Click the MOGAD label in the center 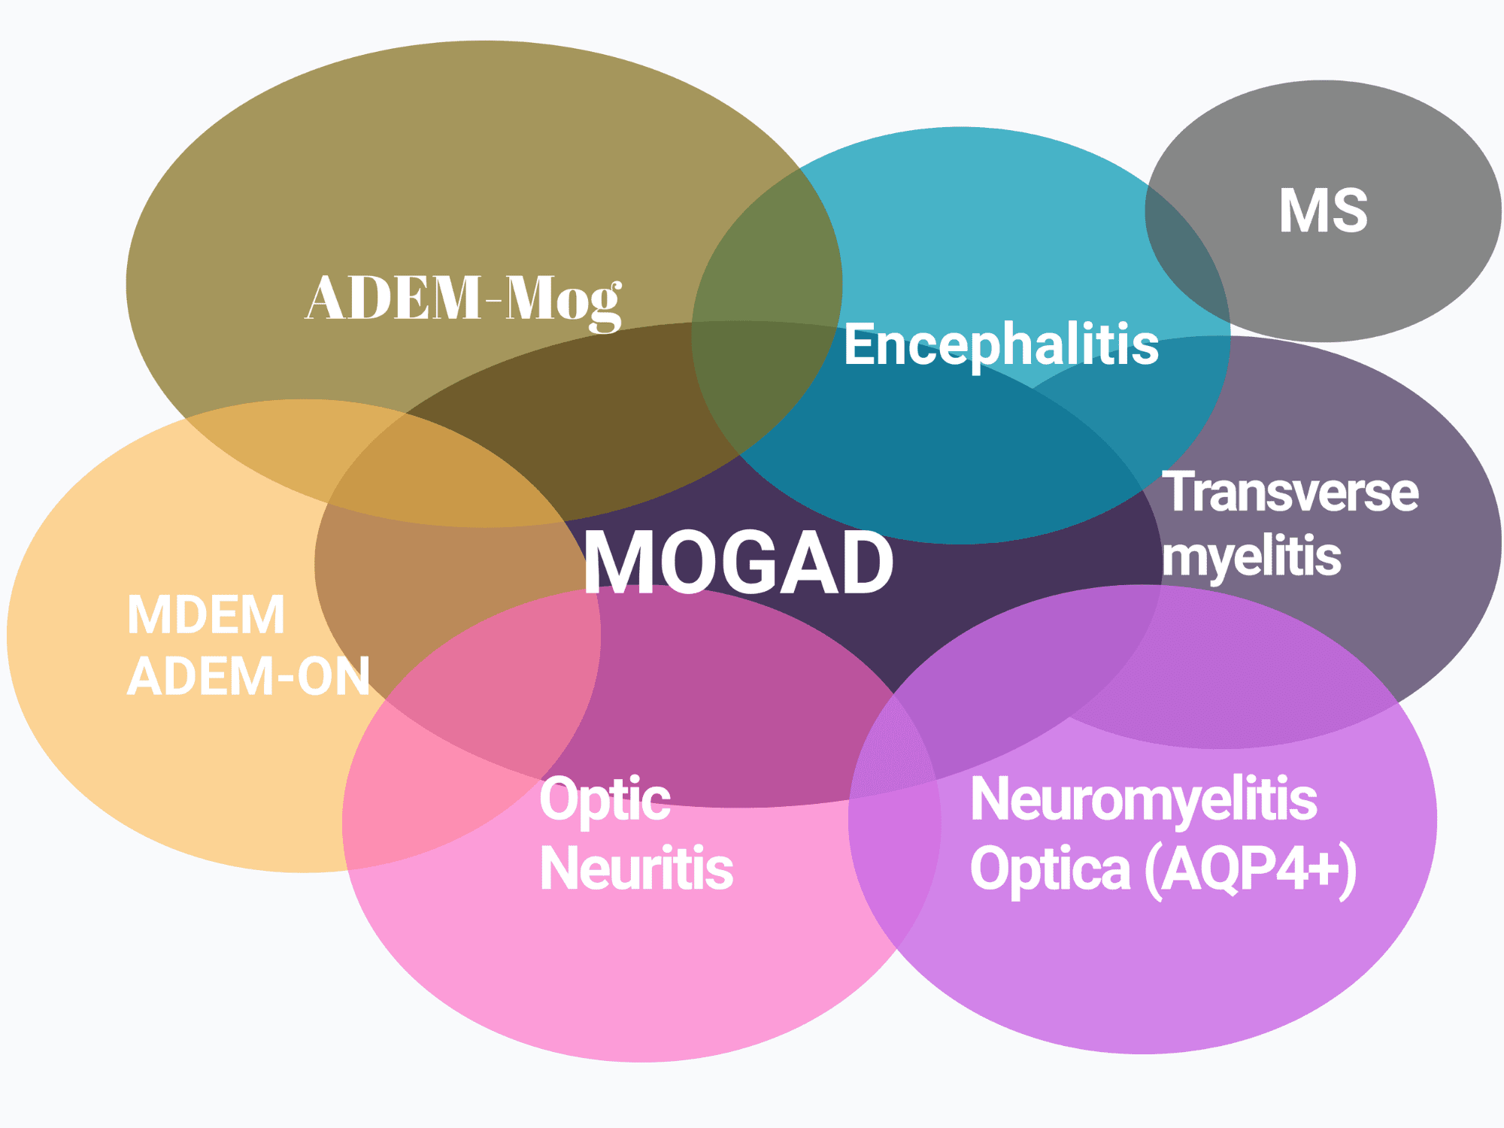pyautogui.click(x=738, y=562)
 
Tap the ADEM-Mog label pyautogui.click(x=463, y=299)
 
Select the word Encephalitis pyautogui.click(x=1001, y=344)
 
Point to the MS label pyautogui.click(x=1324, y=211)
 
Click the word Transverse pyautogui.click(x=1290, y=493)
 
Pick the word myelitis pyautogui.click(x=1251, y=557)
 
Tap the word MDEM pyautogui.click(x=206, y=615)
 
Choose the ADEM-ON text pyautogui.click(x=248, y=676)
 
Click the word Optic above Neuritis pyautogui.click(x=605, y=799)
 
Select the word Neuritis pyautogui.click(x=636, y=869)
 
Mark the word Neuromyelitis pyautogui.click(x=1143, y=799)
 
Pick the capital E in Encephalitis pyautogui.click(x=858, y=344)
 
